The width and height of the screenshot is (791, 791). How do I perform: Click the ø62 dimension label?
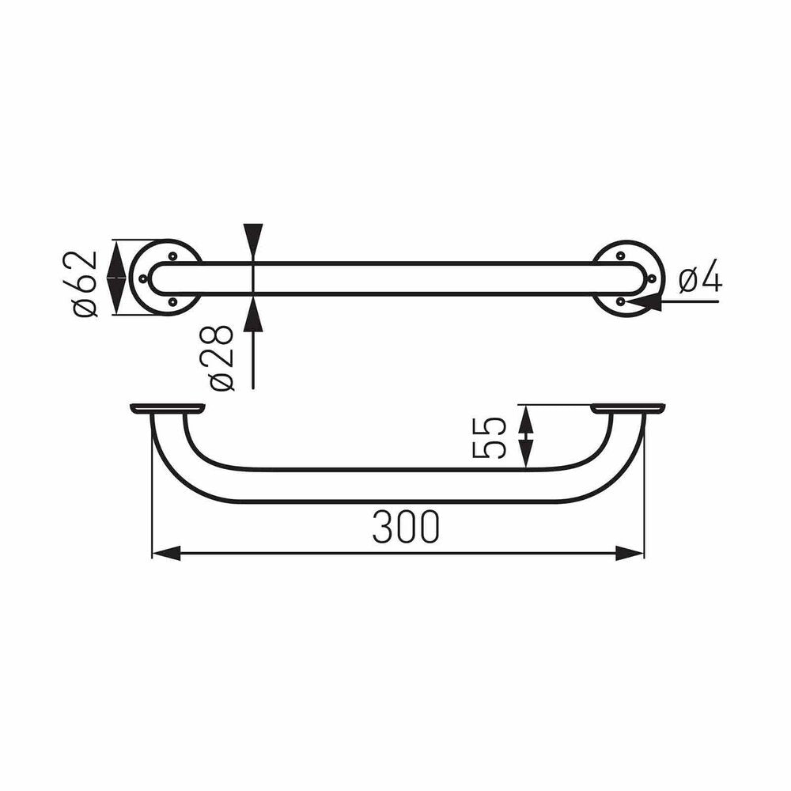click(x=85, y=283)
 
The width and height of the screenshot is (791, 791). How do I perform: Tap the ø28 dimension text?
click(x=222, y=358)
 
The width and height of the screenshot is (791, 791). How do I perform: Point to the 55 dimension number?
click(x=490, y=437)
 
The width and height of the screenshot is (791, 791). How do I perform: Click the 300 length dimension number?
click(x=406, y=527)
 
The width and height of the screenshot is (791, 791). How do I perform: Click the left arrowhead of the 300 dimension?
click(x=166, y=553)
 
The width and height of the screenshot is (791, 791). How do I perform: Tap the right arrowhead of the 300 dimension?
click(x=630, y=553)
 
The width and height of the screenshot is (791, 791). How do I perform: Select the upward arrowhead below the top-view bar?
click(x=253, y=314)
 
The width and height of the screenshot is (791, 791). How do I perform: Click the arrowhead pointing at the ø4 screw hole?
click(x=644, y=304)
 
